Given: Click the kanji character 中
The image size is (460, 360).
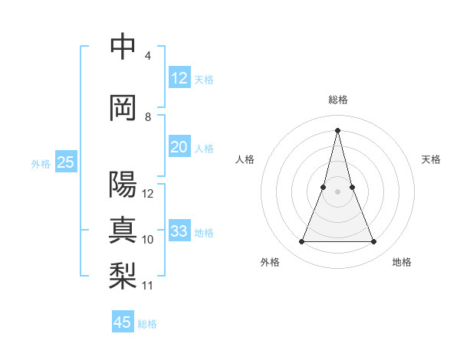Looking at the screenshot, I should pyautogui.click(x=123, y=47).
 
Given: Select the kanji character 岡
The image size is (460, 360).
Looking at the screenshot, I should pyautogui.click(x=123, y=108).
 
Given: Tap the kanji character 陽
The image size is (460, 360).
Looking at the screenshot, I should pyautogui.click(x=123, y=185).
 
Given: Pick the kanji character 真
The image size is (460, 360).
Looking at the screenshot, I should pyautogui.click(x=123, y=230).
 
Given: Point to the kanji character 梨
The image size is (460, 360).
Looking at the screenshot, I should pyautogui.click(x=123, y=276).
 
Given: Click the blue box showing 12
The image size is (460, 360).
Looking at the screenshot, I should pyautogui.click(x=179, y=78).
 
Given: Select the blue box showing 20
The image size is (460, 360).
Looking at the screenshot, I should pyautogui.click(x=179, y=147).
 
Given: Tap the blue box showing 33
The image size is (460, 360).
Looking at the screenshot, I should pyautogui.click(x=179, y=231).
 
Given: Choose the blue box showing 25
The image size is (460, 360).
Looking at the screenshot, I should pyautogui.click(x=66, y=162).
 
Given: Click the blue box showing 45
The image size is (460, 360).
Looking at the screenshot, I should pyautogui.click(x=123, y=322).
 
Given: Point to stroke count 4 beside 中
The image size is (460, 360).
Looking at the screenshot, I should pyautogui.click(x=147, y=56).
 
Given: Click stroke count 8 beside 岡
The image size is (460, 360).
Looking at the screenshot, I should pyautogui.click(x=148, y=117).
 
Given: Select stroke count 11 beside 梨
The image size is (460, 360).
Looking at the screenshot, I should pyautogui.click(x=148, y=286).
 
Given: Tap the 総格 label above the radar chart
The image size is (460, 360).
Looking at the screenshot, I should pyautogui.click(x=337, y=100).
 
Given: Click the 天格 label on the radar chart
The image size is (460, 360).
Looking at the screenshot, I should pyautogui.click(x=432, y=159).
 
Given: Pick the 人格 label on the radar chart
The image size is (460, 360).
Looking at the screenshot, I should pyautogui.click(x=245, y=159).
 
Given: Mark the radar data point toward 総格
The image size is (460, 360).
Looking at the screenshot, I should pyautogui.click(x=337, y=130).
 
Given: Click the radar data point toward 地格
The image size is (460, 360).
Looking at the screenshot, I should pyautogui.click(x=374, y=242).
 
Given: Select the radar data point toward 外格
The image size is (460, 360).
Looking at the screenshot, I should pyautogui.click(x=301, y=242).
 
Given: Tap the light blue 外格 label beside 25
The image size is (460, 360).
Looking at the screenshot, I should pyautogui.click(x=41, y=163).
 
